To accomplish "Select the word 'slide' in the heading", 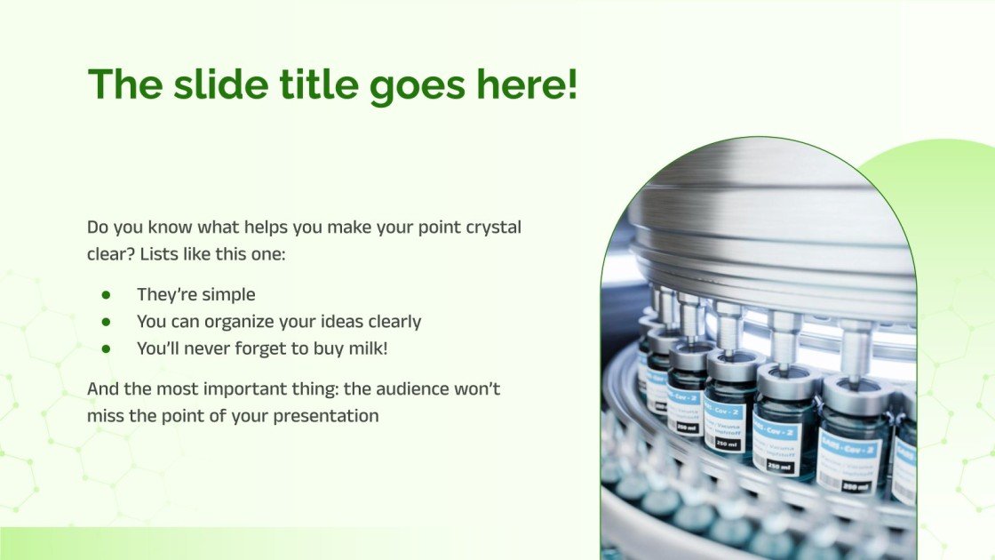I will point(211,84).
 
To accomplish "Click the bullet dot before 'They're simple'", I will point(106,294).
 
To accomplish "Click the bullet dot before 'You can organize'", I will point(106,321).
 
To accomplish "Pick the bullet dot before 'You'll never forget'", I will point(106,348).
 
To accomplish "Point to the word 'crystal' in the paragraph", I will point(494,227).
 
